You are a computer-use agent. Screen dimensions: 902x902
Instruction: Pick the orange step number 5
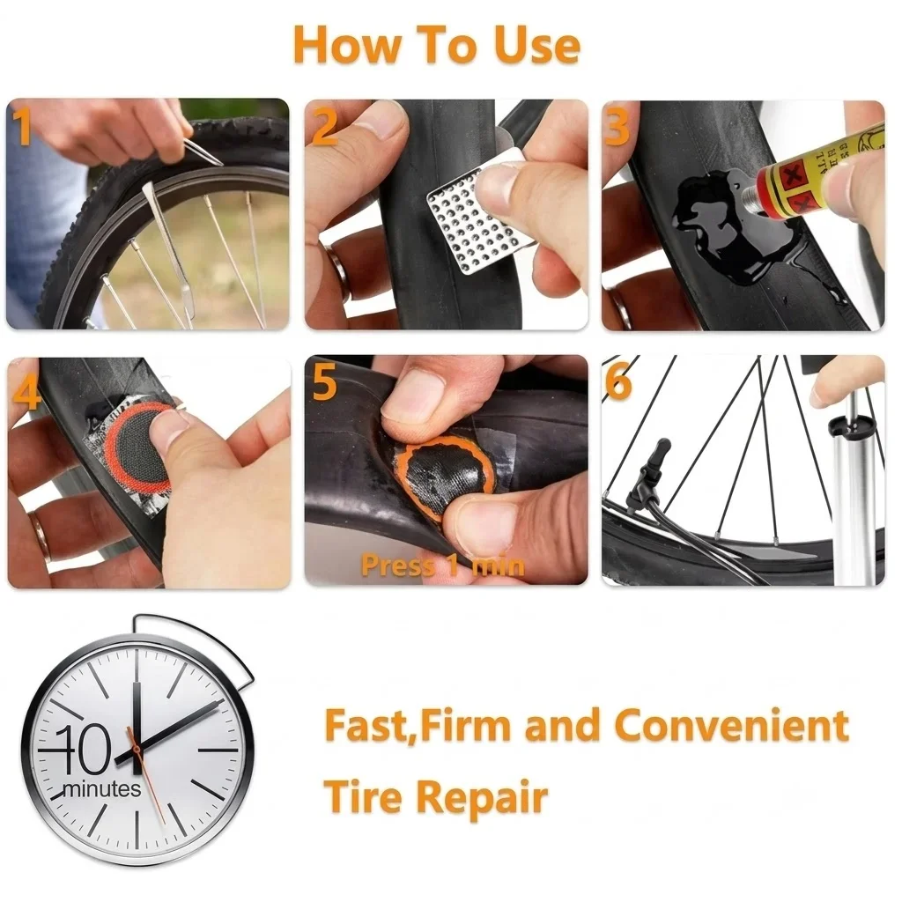[324, 382]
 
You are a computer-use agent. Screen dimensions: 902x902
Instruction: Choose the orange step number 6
[618, 382]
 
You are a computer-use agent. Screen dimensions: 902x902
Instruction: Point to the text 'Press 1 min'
[443, 566]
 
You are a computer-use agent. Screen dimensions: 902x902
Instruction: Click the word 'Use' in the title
[537, 46]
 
